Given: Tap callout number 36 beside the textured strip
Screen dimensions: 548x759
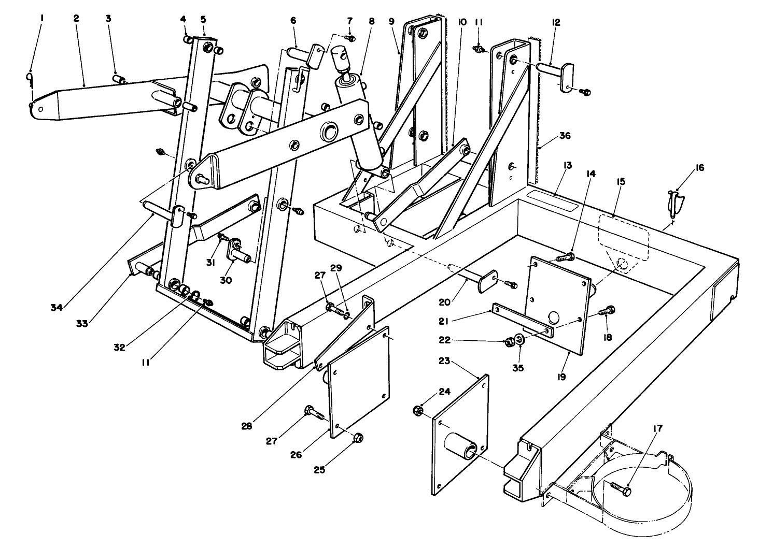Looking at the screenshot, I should [x=565, y=137].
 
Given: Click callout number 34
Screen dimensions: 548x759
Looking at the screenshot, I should [x=57, y=307].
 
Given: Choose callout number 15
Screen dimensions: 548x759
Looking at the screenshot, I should [x=621, y=182].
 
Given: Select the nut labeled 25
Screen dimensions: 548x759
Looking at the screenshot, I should [x=357, y=439].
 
